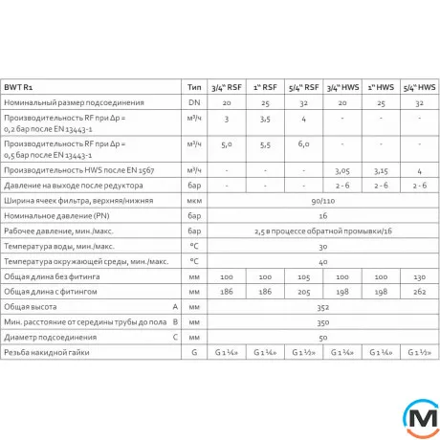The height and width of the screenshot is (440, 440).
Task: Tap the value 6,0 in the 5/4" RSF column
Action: point(303,144)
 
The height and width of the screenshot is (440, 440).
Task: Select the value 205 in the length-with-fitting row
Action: point(303,291)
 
